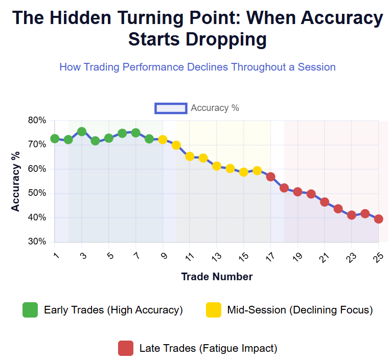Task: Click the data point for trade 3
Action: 82,131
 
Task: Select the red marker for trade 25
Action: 379,219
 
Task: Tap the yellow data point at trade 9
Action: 163,139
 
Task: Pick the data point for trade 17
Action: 271,177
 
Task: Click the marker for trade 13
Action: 217,166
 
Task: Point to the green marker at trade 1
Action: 55,139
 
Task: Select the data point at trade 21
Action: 325,202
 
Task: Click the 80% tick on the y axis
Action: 37,121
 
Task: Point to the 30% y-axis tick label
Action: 37,242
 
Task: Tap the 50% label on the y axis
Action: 37,193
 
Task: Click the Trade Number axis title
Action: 217,277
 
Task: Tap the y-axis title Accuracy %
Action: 16,181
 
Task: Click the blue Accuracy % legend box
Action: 171,108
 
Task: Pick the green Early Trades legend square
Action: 30,310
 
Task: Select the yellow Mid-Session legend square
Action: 214,310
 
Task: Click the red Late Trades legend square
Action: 125,348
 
